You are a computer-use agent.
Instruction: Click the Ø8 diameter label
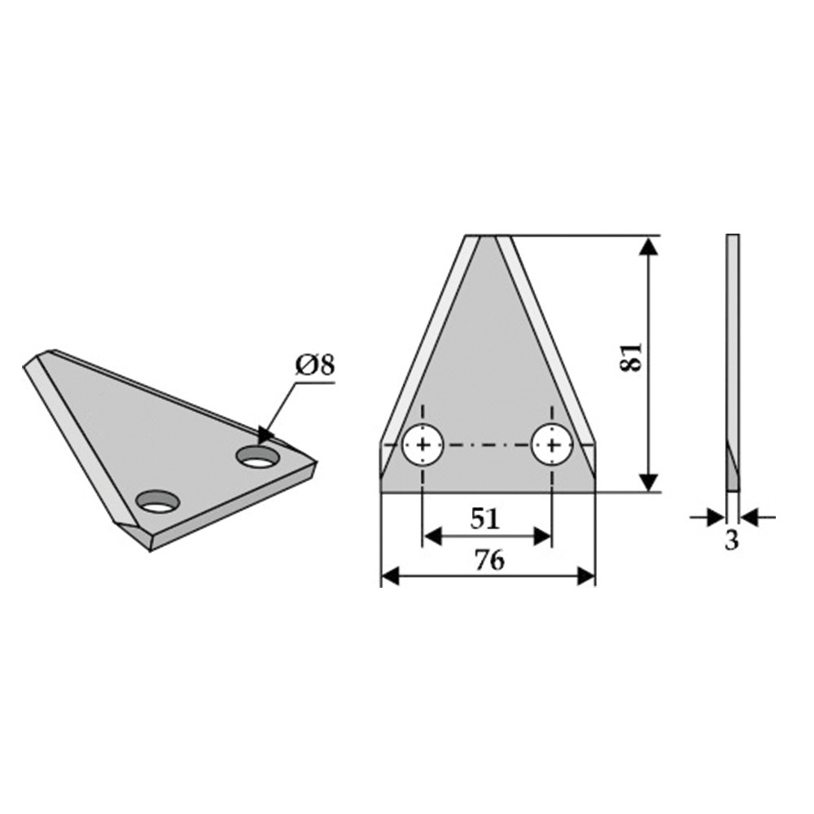(x=314, y=365)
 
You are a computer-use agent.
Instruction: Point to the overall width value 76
(x=488, y=560)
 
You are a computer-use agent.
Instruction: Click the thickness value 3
(x=732, y=540)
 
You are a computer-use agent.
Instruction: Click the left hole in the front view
(x=422, y=444)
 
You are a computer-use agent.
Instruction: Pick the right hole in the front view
(x=553, y=444)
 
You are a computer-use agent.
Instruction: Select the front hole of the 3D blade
(x=157, y=502)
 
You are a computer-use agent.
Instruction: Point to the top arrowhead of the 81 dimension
(x=648, y=244)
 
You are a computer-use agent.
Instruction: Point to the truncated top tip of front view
(x=488, y=238)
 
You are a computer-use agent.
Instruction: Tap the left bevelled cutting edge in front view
(x=427, y=342)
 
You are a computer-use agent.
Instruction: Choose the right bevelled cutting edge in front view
(x=547, y=342)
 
